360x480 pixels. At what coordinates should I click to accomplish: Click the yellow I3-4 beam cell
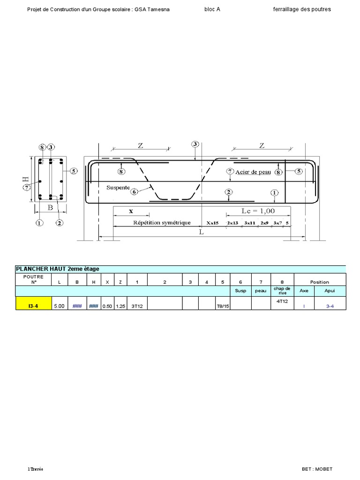coord(33,306)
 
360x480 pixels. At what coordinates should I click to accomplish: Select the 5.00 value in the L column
coord(60,306)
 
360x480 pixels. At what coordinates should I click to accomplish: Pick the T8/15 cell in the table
coord(223,306)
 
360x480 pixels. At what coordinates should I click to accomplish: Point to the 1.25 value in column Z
coord(121,306)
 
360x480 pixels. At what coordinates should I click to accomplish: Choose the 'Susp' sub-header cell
coord(241,291)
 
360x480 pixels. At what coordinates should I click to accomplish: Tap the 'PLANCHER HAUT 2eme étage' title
coord(58,269)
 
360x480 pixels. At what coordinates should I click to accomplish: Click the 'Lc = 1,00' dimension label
coord(258,211)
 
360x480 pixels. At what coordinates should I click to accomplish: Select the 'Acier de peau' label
coord(253,172)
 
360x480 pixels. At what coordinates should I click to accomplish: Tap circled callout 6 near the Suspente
coord(135,191)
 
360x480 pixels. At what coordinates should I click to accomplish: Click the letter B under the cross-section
coord(50,206)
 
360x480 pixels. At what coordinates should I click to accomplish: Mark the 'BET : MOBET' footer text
coord(317,469)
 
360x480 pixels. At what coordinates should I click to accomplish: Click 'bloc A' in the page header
coord(212,9)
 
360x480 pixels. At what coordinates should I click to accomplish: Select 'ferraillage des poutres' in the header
coord(301,9)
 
